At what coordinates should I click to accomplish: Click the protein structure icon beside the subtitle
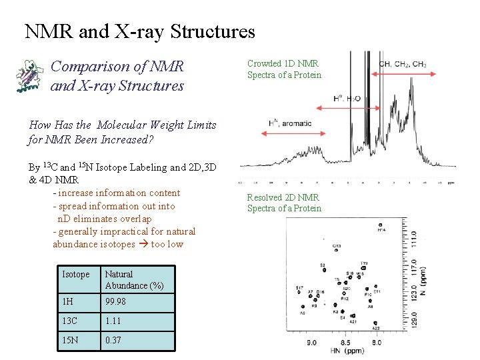tap(29, 74)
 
